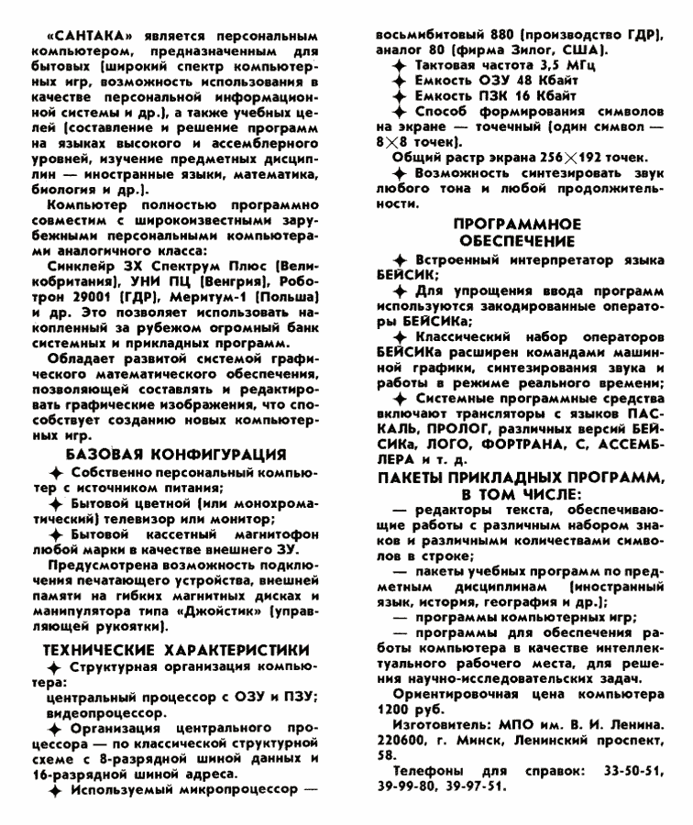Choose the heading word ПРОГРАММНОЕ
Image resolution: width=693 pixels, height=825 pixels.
(521, 223)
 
